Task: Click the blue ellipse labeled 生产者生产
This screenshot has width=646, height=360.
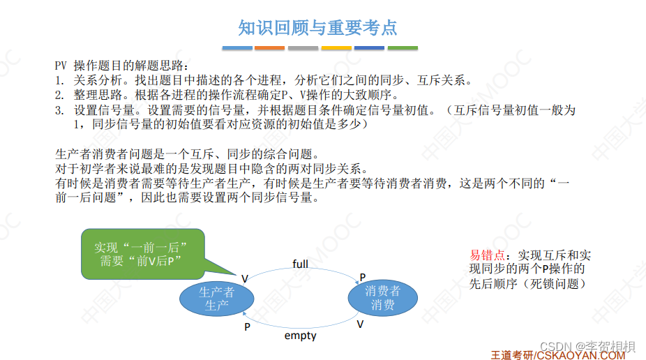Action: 216,299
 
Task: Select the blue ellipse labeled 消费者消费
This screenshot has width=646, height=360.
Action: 383,298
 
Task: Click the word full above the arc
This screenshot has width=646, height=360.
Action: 301,264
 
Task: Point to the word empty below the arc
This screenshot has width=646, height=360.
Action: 300,336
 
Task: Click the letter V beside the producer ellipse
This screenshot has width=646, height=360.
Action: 245,278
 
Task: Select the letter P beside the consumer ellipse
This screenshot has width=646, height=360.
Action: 362,277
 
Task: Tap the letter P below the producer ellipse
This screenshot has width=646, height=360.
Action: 247,326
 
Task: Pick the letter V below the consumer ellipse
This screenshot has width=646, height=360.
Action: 360,324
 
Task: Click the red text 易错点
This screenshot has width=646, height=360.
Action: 486,255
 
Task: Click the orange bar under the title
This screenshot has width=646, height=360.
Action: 269,48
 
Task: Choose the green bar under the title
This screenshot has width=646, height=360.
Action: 403,48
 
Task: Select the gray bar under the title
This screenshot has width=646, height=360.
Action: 303,48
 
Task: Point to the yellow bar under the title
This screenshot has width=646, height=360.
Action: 336,48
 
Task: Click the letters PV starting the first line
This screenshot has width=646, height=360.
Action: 61,65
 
